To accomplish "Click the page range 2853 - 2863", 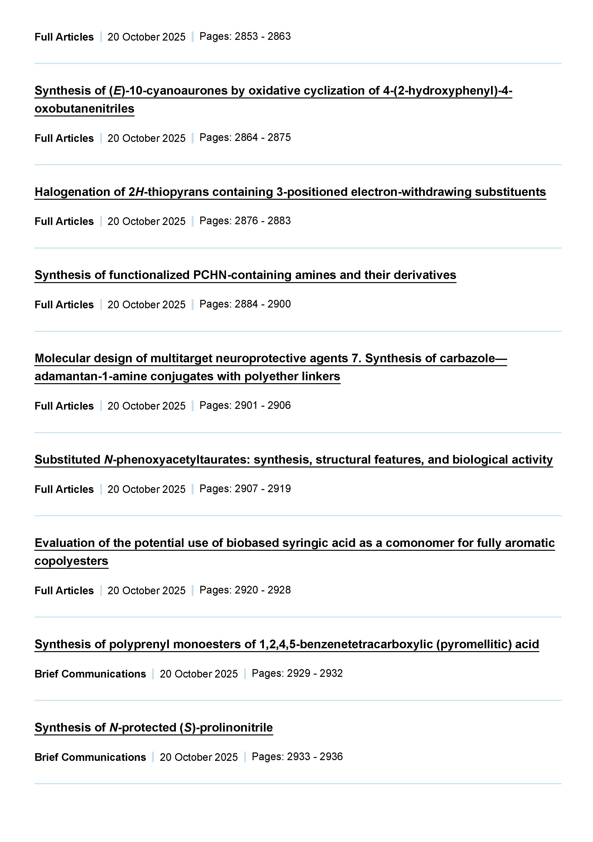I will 262,36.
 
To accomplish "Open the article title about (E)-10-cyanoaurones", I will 273,91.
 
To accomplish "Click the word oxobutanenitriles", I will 84,109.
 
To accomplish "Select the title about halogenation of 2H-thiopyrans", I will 290,192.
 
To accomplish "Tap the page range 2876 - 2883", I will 262,221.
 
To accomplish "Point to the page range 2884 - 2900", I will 262,304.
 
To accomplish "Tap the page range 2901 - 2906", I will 262,405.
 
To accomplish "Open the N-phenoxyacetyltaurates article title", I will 293,460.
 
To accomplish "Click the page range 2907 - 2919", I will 262,489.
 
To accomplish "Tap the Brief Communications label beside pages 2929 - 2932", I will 90,674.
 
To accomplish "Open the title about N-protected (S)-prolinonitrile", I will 154,727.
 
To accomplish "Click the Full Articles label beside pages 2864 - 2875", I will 64,138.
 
